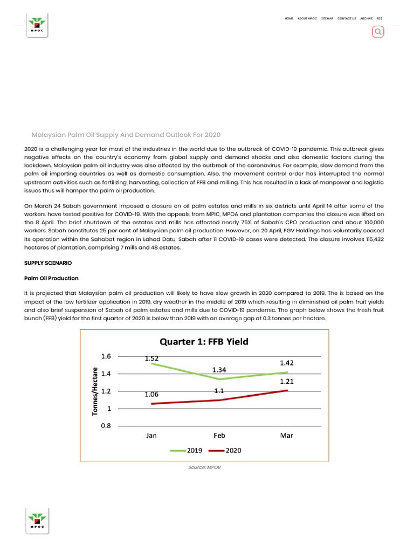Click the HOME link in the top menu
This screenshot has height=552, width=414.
pos(289,18)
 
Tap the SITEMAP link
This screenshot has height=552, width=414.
pos(327,18)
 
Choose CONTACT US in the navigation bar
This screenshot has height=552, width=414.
pos(347,18)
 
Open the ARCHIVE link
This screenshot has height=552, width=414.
pos(367,18)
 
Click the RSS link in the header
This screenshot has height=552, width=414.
pos(379,18)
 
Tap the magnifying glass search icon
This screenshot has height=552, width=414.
pos(378,32)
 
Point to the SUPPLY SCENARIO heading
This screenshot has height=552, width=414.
pos(48,263)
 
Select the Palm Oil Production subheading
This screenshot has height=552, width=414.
pos(51,278)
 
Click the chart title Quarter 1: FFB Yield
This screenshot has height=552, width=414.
pos(203,341)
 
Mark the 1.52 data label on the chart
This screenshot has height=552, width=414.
pos(151,358)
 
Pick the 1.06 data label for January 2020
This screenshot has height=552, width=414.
pos(151,395)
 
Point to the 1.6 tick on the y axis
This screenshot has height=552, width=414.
pos(106,356)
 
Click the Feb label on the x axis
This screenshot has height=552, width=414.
pos(219,435)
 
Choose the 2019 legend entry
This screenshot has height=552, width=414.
pos(186,450)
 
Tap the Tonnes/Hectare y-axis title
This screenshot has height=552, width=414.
pos(95,391)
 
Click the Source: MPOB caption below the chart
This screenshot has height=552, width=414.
pos(204,467)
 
